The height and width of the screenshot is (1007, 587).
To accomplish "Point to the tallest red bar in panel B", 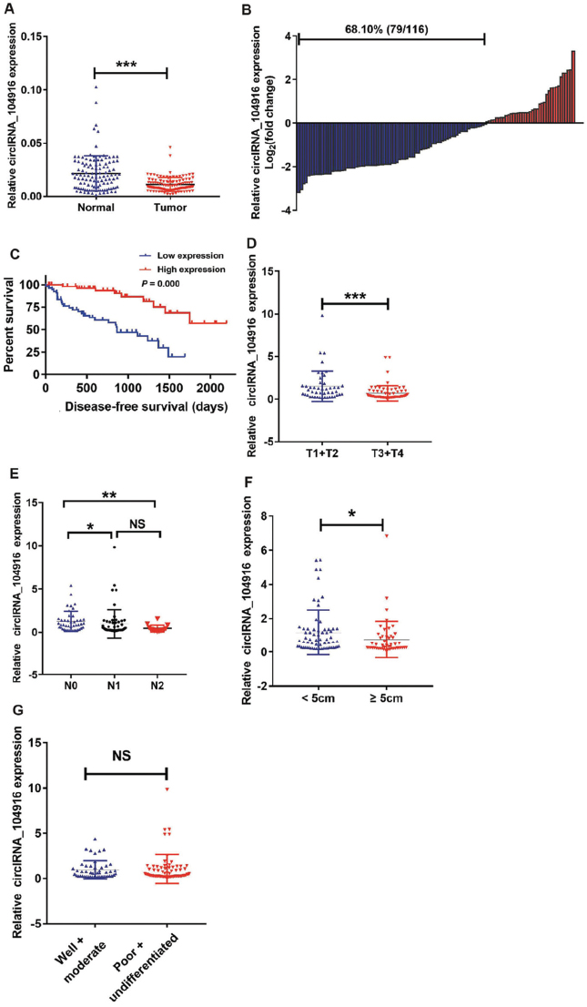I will coord(572,86).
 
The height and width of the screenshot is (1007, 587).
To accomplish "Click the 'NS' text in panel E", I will coord(138,523).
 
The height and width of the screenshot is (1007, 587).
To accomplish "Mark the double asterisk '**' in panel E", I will coord(109,497).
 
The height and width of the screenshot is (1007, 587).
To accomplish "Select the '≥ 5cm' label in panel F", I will coord(383,699).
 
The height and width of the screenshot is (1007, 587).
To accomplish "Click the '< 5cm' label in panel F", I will coord(321,699).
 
